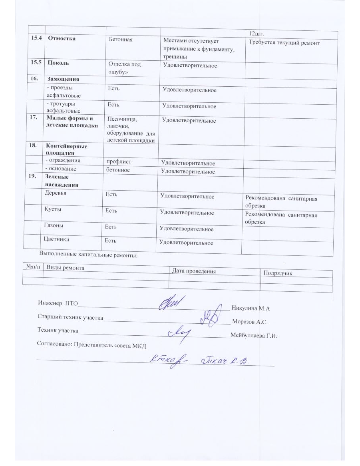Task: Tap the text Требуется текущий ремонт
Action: click(284, 43)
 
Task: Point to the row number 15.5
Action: click(35, 63)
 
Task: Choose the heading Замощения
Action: click(63, 79)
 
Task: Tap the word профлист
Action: click(119, 162)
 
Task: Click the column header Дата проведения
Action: click(193, 271)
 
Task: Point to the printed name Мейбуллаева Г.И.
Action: click(254, 336)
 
